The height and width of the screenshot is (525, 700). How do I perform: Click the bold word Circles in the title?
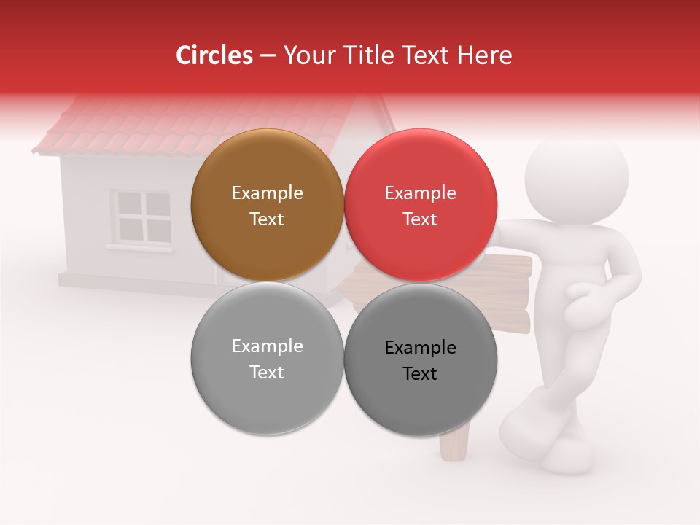pos(214,55)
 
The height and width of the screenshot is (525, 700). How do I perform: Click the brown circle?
pos(267,205)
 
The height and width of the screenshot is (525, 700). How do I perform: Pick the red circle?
pos(420,205)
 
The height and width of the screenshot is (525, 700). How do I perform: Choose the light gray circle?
pos(267,358)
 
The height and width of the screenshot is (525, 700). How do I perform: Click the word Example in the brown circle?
pos(267,192)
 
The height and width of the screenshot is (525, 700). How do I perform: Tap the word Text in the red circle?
pos(420,219)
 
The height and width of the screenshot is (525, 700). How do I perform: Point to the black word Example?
pos(420,347)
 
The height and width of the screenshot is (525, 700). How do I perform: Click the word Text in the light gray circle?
pos(267,372)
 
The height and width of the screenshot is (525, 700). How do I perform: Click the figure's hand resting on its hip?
pos(583,295)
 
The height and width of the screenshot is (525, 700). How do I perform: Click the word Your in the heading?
pos(304,55)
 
